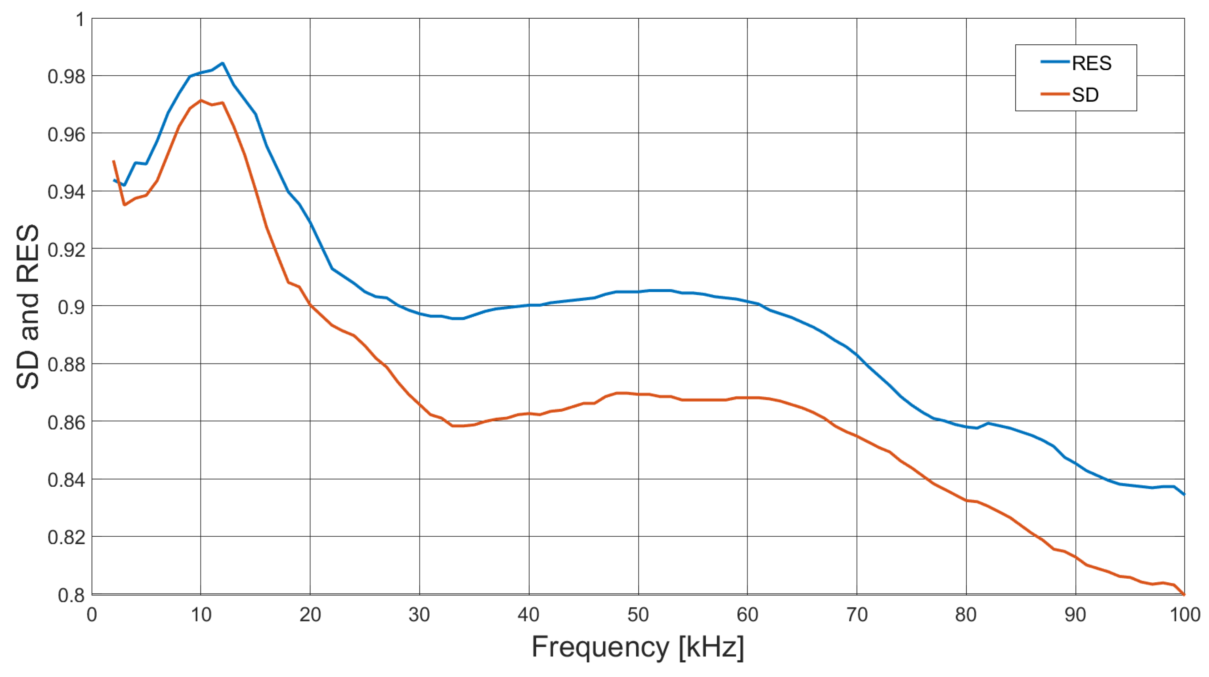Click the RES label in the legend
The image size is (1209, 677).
point(1091,63)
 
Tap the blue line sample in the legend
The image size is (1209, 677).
point(1054,62)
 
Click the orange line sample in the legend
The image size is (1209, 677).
point(1054,94)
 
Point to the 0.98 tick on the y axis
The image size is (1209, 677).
point(66,76)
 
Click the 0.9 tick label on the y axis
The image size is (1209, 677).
point(71,307)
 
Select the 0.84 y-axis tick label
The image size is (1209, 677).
point(66,480)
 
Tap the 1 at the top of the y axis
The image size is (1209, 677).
point(80,20)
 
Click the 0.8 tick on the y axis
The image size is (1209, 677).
point(71,595)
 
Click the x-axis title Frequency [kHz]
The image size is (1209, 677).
point(637,647)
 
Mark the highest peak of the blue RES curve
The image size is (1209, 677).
point(222,63)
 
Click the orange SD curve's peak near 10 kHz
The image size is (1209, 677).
point(201,100)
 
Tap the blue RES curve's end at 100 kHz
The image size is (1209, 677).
point(1184,494)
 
